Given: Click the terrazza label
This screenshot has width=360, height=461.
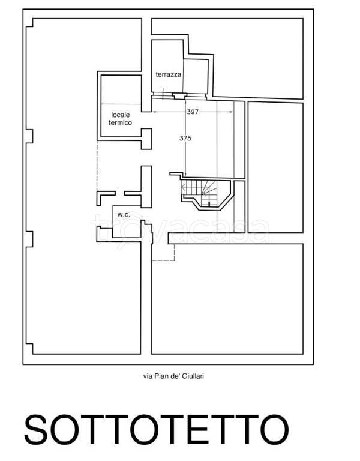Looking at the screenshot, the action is click(169, 74).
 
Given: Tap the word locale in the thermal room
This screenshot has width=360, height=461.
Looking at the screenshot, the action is click(121, 115).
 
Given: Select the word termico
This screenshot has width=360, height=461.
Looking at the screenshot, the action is click(121, 122).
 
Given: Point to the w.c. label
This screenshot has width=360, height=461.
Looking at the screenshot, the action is click(124, 215).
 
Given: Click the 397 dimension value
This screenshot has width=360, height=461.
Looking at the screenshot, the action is click(193, 112).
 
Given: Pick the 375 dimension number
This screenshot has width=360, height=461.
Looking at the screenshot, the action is click(185, 138).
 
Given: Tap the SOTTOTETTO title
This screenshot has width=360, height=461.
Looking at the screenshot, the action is click(157, 430).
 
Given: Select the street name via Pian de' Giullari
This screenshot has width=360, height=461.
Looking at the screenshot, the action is click(173, 376).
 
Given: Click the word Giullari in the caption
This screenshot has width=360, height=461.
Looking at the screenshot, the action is click(193, 376).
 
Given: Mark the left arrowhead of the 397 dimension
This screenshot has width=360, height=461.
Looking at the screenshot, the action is click(154, 112).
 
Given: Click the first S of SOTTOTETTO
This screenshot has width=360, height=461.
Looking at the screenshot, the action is click(36, 430).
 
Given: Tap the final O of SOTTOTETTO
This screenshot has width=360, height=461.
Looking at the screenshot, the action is click(274, 430).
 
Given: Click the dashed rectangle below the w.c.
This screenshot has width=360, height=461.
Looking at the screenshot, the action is click(163, 252).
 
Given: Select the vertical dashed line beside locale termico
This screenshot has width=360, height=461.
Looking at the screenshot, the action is click(97, 166).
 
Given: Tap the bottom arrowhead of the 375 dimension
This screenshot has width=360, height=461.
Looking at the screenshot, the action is click(185, 174).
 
